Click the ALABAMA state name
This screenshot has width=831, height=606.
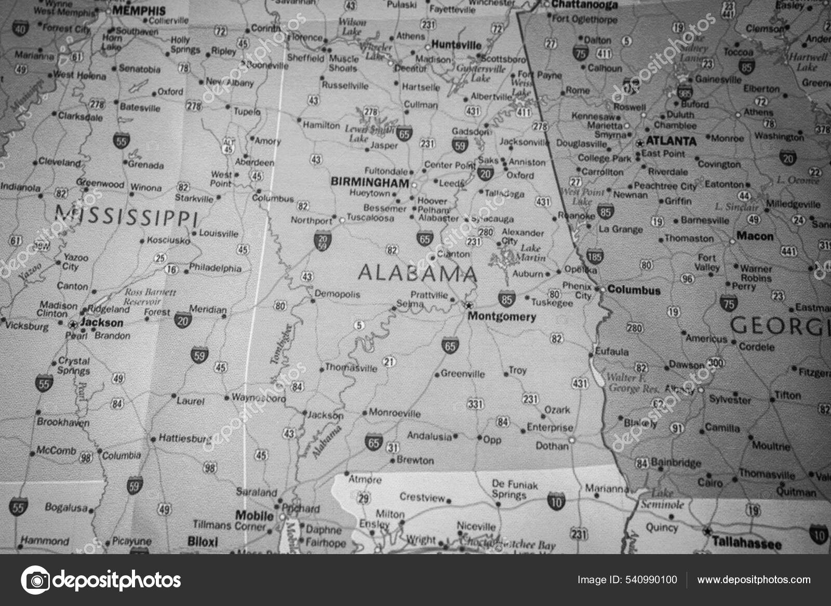[x=417, y=273]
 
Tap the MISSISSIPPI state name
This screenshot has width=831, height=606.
[x=126, y=216]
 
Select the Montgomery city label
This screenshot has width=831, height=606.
[x=502, y=316]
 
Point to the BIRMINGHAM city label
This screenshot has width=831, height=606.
[x=370, y=182]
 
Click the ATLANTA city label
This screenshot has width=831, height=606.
[x=671, y=141]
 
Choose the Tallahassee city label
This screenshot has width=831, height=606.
[x=746, y=544]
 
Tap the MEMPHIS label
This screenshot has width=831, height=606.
[x=139, y=10]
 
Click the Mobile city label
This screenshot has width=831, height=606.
[x=254, y=516]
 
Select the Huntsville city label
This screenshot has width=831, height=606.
[x=457, y=45]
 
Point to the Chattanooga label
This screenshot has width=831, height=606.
[x=584, y=5]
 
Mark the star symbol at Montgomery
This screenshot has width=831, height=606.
[x=469, y=305]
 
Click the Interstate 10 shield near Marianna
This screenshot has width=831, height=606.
[x=556, y=501]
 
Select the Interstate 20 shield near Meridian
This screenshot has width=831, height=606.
[x=182, y=320]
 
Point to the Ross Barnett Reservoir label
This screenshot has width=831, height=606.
[x=150, y=297]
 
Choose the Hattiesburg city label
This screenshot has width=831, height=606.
[x=185, y=438]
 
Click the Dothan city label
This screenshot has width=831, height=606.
[x=552, y=446]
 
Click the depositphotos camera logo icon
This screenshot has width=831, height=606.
[x=35, y=580]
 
